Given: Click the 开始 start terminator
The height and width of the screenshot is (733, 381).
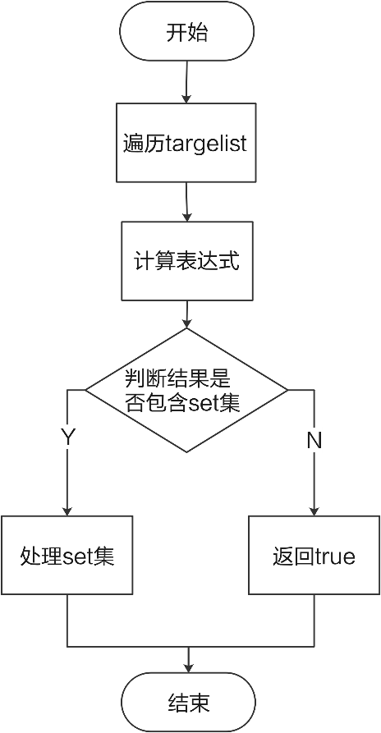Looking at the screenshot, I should click(186, 34).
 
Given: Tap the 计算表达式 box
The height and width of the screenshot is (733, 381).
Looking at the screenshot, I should click(187, 261).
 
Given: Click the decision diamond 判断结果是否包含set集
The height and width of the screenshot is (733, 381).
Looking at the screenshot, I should click(187, 390).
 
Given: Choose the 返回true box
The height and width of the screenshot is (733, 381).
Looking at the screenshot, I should click(314, 556).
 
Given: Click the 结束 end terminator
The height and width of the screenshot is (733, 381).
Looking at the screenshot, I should click(188, 703).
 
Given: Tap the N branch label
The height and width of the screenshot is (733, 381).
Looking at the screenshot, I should click(314, 440).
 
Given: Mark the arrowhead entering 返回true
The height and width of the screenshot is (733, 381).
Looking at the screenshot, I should click(314, 511).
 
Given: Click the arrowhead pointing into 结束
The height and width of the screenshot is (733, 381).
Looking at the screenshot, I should click(188, 667).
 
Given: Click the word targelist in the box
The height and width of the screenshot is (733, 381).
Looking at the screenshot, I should click(206, 142).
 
